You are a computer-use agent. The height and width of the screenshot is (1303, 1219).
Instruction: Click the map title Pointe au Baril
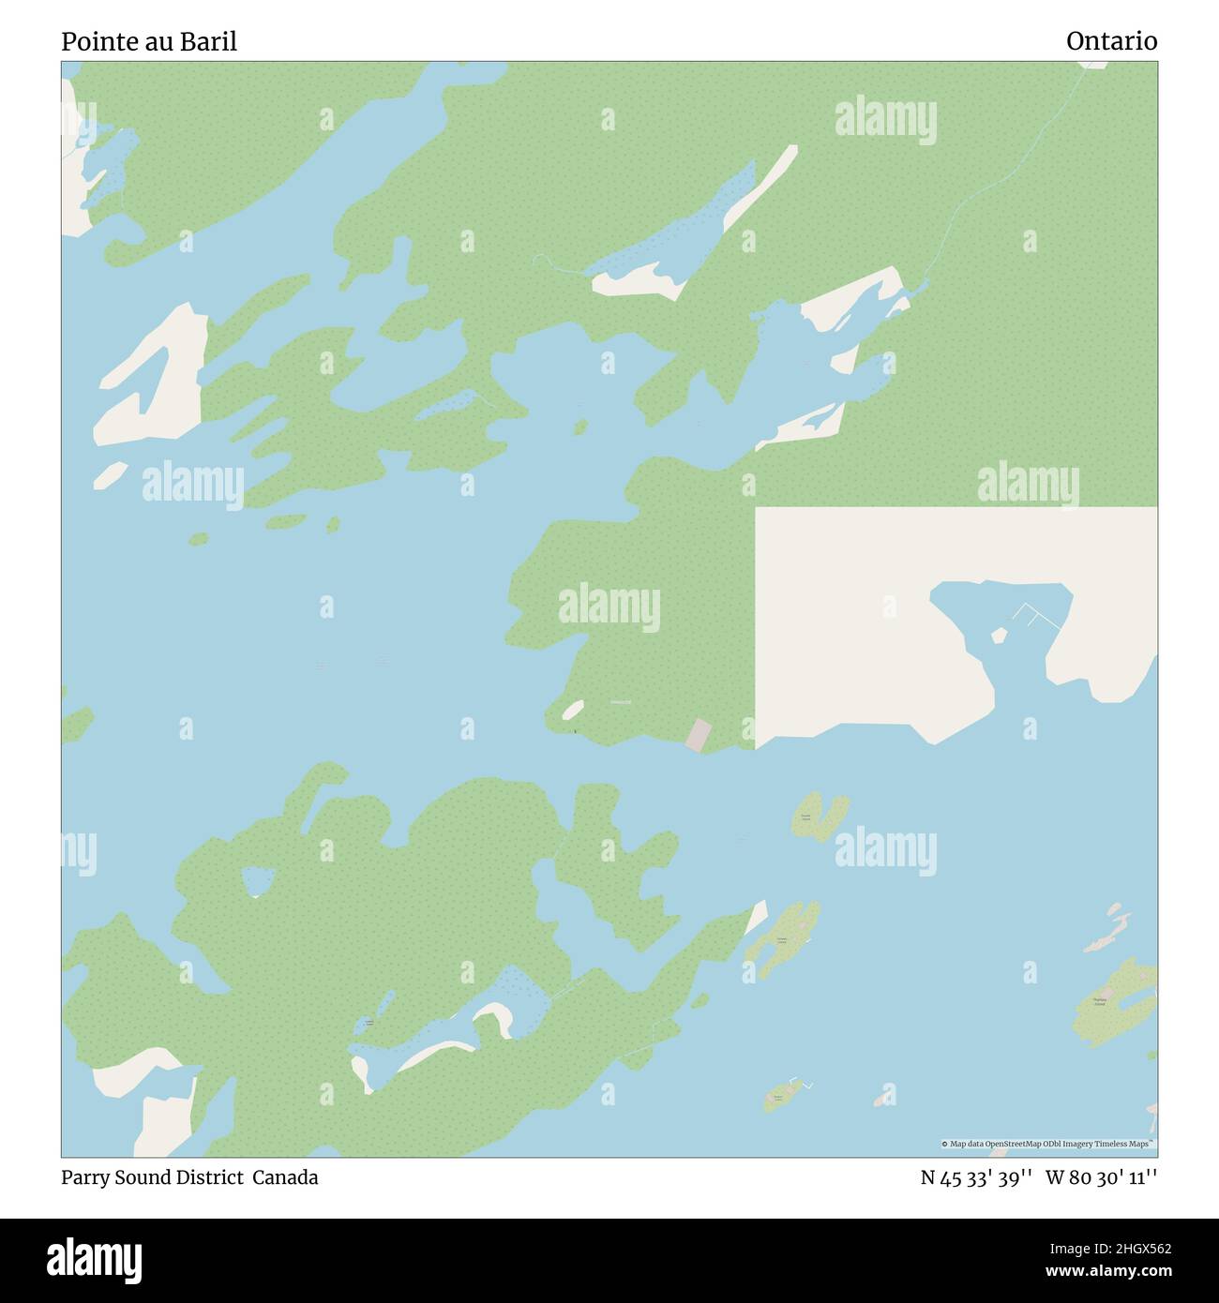point(149,41)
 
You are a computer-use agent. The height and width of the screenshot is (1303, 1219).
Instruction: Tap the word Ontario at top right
point(1111,41)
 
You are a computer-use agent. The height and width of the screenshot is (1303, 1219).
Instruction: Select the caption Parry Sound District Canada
point(189,1177)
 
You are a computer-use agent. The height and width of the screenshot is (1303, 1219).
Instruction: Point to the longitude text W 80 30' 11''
point(1101,1177)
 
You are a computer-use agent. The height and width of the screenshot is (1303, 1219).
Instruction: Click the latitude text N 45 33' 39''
point(976,1177)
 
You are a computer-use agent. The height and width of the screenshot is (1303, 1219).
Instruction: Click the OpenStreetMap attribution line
point(1047,1144)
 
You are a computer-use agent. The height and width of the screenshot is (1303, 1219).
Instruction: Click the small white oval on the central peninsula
point(572,710)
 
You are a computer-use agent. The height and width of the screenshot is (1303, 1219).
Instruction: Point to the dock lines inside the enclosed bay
point(1036,616)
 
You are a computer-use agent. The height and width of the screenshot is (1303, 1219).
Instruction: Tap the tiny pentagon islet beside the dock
point(999,636)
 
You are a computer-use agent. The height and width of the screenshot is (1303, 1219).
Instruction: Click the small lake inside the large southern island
point(258,880)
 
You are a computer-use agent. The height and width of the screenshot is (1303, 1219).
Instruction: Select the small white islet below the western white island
point(110,474)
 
